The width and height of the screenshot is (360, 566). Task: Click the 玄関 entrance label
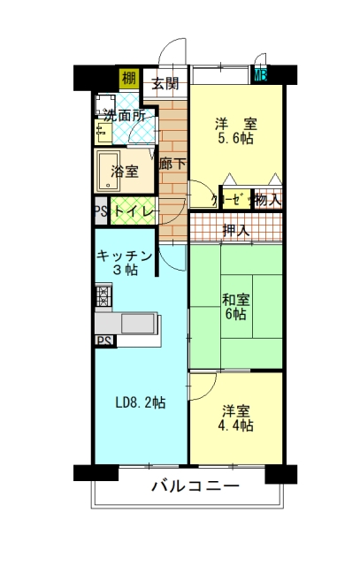coord(165,83)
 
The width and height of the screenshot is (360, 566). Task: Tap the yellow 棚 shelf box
coord(129,79)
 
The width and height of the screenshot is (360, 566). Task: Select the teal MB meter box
coord(260,76)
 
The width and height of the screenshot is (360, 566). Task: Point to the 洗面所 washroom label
coord(125,115)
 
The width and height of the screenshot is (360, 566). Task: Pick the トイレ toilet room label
coord(134,210)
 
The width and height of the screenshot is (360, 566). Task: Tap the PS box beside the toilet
coord(101,210)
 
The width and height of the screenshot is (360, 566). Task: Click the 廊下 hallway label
coord(173,164)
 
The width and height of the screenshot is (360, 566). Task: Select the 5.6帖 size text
coord(235,138)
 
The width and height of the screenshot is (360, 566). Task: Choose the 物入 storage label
coord(268,199)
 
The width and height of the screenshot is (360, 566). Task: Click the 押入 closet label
coord(236,230)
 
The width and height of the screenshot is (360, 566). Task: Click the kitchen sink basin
coord(139,324)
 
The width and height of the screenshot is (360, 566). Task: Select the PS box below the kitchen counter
coord(104,340)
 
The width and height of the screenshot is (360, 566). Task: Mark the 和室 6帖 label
coord(235,307)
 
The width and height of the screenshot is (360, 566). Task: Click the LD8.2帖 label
coord(141,402)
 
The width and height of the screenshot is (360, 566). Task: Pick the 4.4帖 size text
coord(235,426)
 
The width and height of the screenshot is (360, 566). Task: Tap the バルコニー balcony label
coord(195,486)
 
